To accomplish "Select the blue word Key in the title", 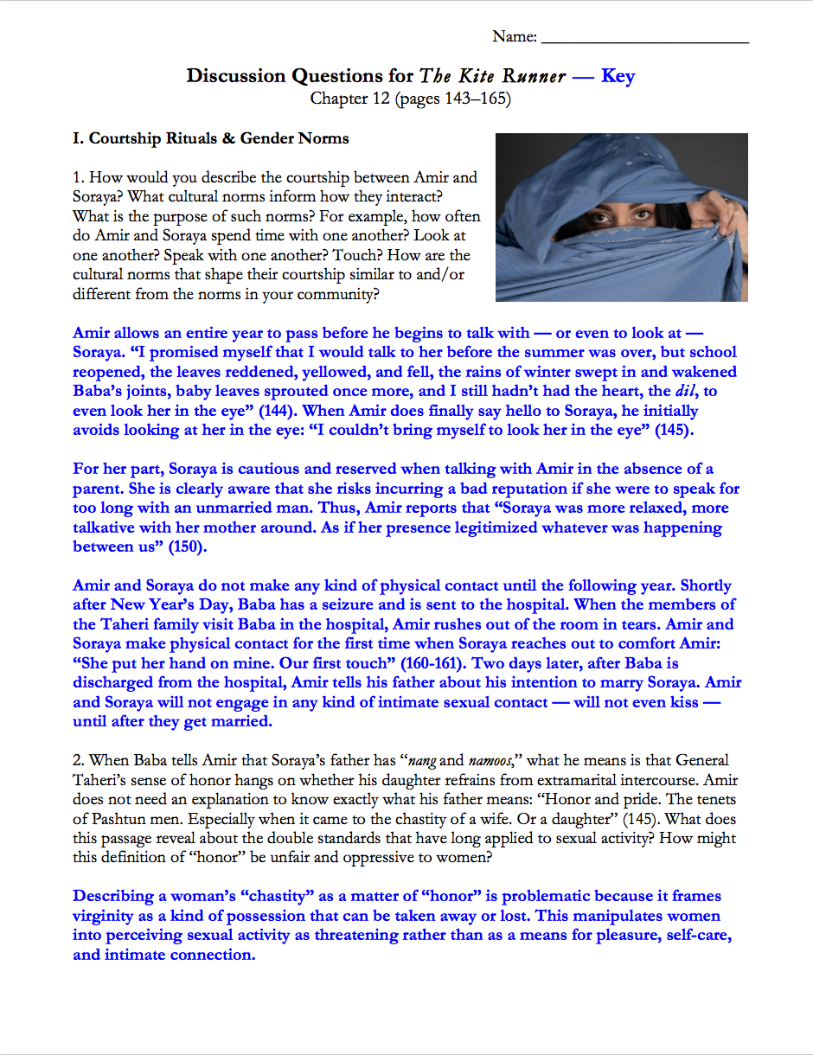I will tap(618, 76).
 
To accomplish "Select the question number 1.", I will tap(78, 178).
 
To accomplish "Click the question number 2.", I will tap(78, 761).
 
